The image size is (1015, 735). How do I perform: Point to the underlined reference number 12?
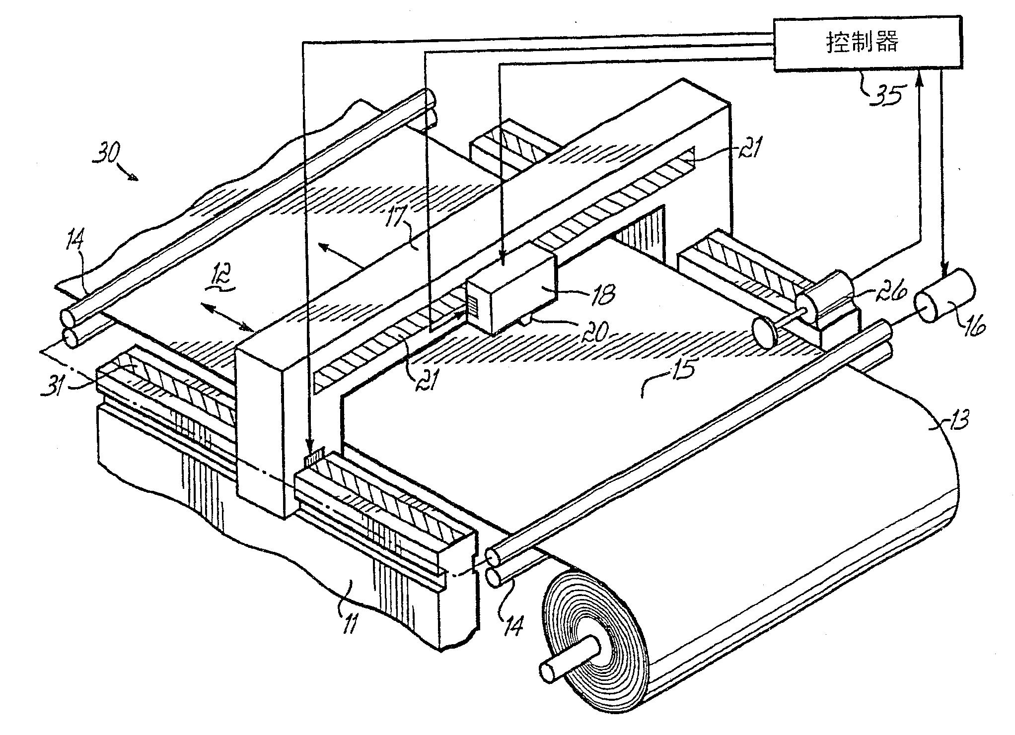pyautogui.click(x=218, y=287)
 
